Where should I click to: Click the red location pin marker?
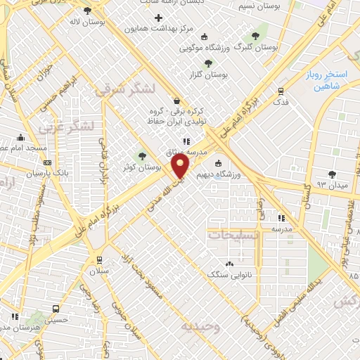pos(181,167)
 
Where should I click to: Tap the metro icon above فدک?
pos(281,91)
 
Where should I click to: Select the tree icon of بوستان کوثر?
pos(143,156)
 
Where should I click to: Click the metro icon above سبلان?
pos(99,259)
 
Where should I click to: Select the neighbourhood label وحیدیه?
pos(200,327)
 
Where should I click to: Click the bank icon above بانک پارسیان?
pos(47,162)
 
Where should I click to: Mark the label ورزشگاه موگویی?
pos(205,48)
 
